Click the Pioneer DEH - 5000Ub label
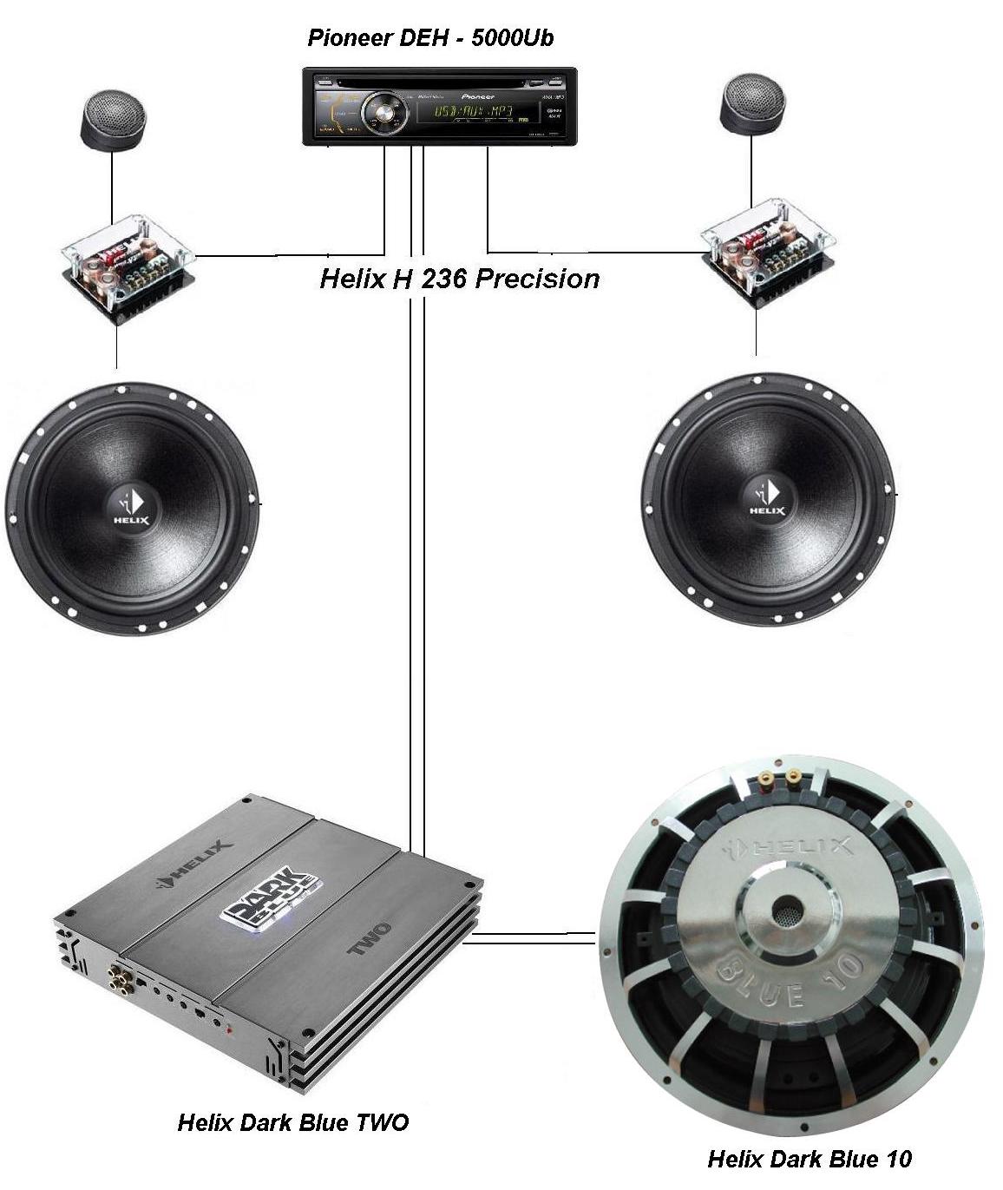430,38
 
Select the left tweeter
113,119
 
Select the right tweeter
752,104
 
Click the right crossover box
767,253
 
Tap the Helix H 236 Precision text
459,279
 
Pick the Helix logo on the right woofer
767,498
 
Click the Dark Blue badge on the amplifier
272,897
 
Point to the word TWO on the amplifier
370,939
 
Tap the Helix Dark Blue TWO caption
292,1122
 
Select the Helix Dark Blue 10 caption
810,1159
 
